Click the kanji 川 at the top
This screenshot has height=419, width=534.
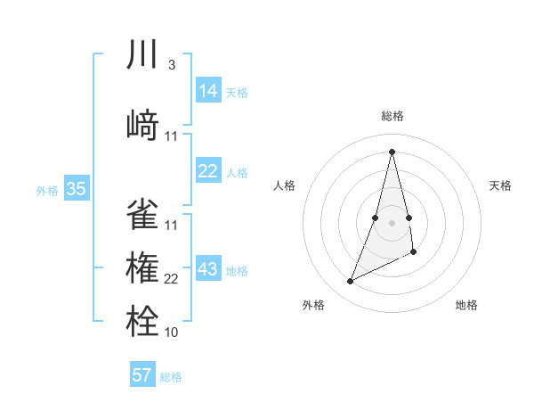click(x=142, y=55)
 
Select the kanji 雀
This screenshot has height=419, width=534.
click(x=142, y=214)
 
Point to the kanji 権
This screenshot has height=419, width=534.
click(x=142, y=267)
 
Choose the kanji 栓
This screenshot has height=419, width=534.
click(x=142, y=320)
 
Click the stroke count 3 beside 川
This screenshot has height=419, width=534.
click(x=171, y=65)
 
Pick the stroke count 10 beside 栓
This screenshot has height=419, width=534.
click(x=172, y=332)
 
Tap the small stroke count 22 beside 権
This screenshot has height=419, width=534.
click(x=172, y=279)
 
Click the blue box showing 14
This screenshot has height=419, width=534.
click(x=208, y=91)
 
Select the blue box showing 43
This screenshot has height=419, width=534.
click(x=208, y=269)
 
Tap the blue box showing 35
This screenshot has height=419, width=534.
click(x=76, y=189)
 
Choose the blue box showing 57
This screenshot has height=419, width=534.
click(x=142, y=375)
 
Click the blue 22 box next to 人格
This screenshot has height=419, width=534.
click(x=208, y=171)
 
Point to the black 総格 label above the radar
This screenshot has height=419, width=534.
click(x=392, y=116)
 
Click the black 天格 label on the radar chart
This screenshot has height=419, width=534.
click(x=501, y=185)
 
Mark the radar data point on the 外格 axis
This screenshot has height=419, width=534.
click(x=350, y=282)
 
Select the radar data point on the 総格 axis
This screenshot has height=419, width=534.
click(x=392, y=151)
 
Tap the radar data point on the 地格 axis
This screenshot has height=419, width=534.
click(x=414, y=252)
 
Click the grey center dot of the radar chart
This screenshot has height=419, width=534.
click(x=392, y=222)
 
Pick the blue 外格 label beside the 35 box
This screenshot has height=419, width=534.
click(x=47, y=190)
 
